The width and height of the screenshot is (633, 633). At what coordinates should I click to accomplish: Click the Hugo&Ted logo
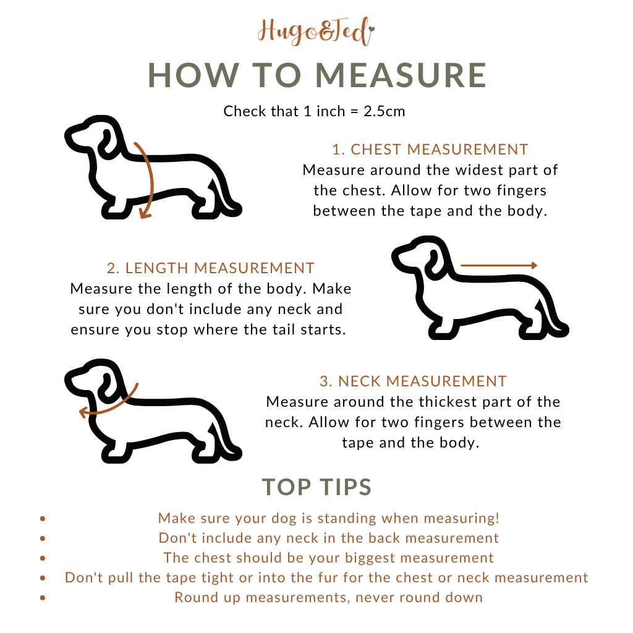(316, 32)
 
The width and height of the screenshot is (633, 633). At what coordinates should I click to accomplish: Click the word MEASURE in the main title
(401, 75)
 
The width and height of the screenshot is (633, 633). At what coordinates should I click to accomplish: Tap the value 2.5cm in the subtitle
(384, 111)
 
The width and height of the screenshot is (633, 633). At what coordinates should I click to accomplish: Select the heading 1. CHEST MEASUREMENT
(430, 150)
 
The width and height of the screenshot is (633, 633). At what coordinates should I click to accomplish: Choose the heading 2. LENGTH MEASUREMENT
(210, 268)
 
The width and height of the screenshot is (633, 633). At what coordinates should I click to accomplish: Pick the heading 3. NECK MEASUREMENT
(413, 381)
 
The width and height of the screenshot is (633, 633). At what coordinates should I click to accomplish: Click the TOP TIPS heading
(316, 487)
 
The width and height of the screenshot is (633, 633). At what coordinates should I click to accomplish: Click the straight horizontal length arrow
(499, 265)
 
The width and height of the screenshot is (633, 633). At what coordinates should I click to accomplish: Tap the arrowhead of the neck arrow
(83, 412)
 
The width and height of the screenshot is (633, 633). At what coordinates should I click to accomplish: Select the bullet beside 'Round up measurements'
(43, 598)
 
